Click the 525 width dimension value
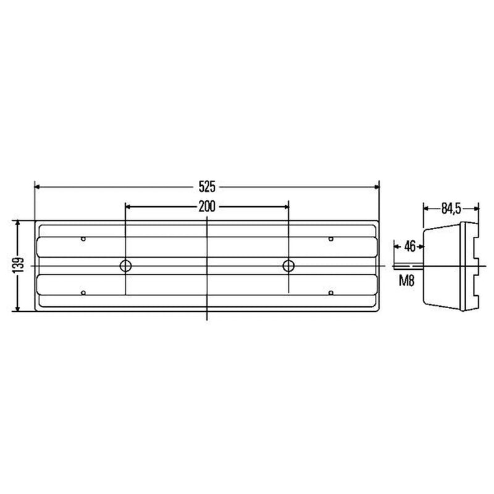tap(207, 187)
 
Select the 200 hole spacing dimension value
tap(207, 207)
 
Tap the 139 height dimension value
tap(19, 265)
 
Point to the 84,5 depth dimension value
tap(451, 209)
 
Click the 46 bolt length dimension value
tap(409, 246)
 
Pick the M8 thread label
tap(407, 280)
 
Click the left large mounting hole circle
tap(126, 266)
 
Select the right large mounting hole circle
tap(288, 266)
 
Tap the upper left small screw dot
tap(83, 239)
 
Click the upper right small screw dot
tap(331, 239)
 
